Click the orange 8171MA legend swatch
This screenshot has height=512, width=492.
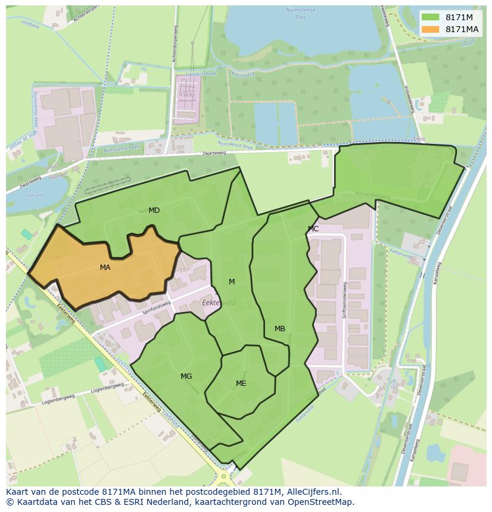tap(431, 29)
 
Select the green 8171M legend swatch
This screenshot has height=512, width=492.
tap(431, 17)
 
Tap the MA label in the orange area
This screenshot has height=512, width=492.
tap(105, 268)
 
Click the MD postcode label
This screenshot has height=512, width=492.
tap(154, 211)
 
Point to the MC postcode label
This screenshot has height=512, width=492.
tap(313, 229)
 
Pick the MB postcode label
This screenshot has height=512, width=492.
tap(280, 329)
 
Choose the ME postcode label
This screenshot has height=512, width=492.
tap(241, 384)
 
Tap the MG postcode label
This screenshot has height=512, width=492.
tap(186, 376)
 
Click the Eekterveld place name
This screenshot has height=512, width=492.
tap(219, 303)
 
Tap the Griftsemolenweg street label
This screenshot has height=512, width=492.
tap(344, 300)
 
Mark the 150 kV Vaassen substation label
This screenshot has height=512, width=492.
tap(187, 98)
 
